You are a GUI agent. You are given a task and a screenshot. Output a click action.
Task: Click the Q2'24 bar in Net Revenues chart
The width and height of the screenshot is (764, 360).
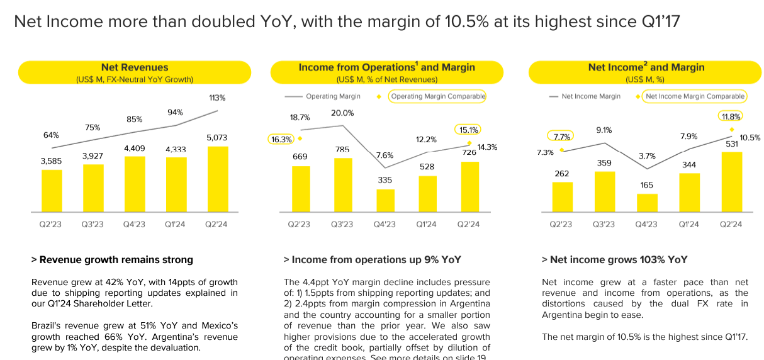pyautogui.click(x=218, y=179)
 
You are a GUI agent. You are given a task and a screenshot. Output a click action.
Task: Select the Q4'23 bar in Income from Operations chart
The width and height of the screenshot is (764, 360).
pyautogui.click(x=385, y=200)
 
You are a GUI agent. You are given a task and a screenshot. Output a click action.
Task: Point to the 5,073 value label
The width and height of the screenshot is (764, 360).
pyautogui.click(x=216, y=137)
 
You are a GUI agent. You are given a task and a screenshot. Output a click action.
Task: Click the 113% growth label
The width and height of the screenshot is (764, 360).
pyautogui.click(x=217, y=98)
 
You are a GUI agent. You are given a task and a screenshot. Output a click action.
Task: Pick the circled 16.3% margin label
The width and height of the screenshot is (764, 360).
pyautogui.click(x=281, y=139)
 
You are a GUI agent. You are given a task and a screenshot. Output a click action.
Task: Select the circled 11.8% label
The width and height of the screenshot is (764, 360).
pyautogui.click(x=730, y=116)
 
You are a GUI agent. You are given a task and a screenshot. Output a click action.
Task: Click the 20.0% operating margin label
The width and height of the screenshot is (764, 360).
pyautogui.click(x=342, y=113)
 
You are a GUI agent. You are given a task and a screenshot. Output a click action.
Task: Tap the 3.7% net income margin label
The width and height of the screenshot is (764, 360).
pyautogui.click(x=646, y=156)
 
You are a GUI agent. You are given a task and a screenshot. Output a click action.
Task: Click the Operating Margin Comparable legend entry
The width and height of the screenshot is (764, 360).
pyautogui.click(x=437, y=96)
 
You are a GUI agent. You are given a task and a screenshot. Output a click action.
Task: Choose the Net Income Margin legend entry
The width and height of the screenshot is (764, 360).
pyautogui.click(x=590, y=96)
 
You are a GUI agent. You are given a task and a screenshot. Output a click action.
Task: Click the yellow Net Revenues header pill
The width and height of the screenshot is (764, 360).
pyautogui.click(x=135, y=72)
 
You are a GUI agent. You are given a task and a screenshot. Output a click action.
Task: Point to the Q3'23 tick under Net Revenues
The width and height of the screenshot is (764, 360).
pyautogui.click(x=93, y=224)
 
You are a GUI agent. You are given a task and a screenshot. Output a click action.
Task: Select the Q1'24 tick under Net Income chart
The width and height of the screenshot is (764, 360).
pyautogui.click(x=688, y=224)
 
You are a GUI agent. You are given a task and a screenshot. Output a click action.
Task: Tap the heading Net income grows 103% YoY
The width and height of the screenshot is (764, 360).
pyautogui.click(x=614, y=259)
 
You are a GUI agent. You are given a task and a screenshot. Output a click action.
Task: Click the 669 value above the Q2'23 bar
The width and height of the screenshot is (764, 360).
pyautogui.click(x=300, y=156)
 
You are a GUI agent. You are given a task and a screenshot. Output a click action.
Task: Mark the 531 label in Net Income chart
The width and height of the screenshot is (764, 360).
pyautogui.click(x=731, y=143)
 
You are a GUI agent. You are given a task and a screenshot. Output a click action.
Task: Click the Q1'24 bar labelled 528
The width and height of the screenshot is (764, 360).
pyautogui.click(x=427, y=193)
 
